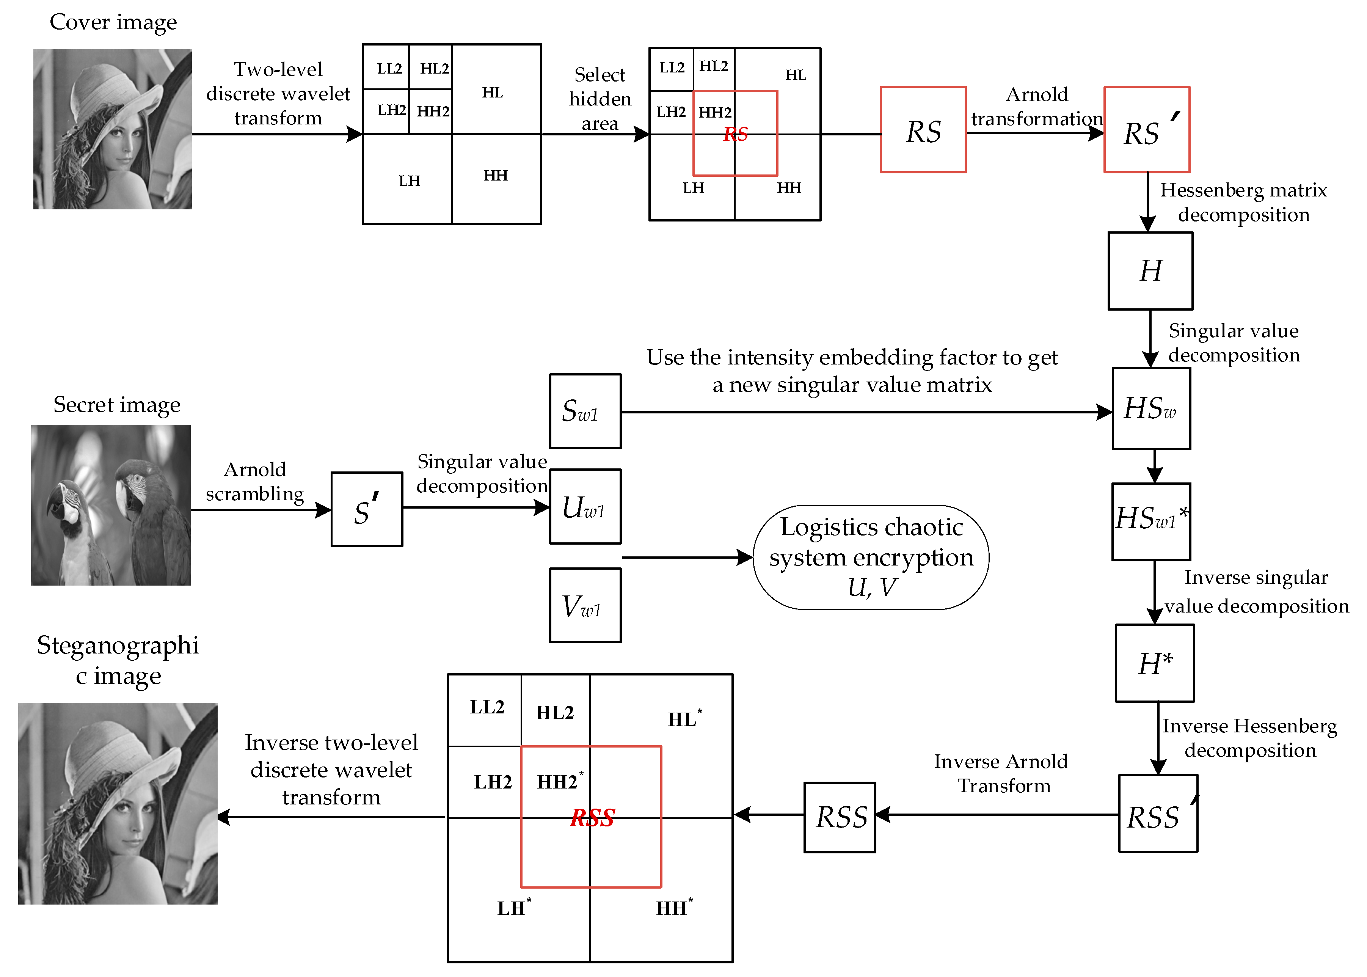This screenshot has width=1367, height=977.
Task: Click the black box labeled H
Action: point(1149,271)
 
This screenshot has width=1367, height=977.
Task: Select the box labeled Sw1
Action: point(585,411)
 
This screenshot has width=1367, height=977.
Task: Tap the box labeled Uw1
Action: point(585,507)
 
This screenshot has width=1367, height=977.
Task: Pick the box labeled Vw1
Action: point(585,605)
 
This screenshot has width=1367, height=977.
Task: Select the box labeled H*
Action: point(1154,663)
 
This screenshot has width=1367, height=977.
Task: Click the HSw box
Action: point(1150,408)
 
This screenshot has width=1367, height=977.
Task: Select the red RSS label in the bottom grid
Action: point(592,818)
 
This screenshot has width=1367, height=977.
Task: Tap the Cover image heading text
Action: point(113,22)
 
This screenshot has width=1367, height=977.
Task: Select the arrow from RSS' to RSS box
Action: point(998,815)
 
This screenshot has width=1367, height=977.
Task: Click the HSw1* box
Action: point(1150,521)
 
